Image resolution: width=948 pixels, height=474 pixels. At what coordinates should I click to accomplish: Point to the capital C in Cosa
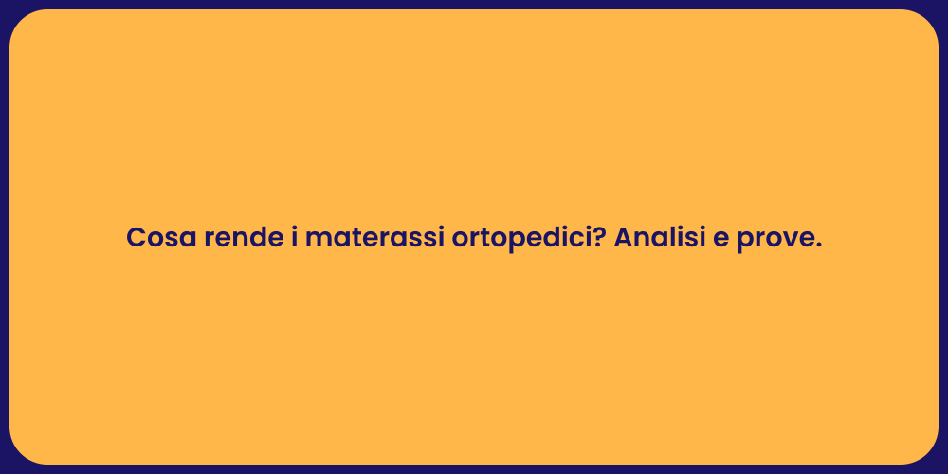click(x=136, y=239)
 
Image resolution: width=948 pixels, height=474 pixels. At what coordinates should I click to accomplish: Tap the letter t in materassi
click(x=355, y=239)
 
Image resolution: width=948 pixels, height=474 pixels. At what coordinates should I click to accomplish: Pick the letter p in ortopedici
click(x=509, y=243)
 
